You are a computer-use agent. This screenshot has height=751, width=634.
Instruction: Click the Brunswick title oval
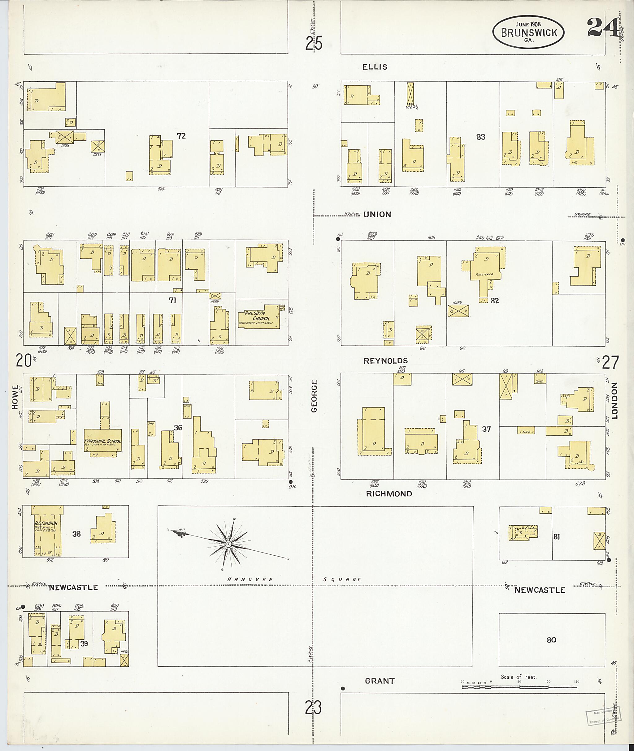click(x=528, y=32)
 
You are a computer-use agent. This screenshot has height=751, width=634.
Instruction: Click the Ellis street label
click(x=375, y=67)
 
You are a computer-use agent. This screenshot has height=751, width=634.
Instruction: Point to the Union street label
click(x=377, y=215)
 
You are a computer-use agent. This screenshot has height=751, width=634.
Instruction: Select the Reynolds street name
click(x=386, y=361)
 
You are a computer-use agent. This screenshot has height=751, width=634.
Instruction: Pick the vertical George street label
click(x=315, y=396)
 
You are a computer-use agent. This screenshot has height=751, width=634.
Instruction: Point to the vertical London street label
click(x=614, y=401)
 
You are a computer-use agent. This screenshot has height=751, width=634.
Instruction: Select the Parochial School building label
click(x=103, y=441)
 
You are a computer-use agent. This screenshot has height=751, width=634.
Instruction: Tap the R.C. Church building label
click(x=46, y=523)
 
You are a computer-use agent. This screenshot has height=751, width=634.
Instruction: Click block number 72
click(x=181, y=136)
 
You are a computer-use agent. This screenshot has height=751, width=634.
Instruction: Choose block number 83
click(x=480, y=137)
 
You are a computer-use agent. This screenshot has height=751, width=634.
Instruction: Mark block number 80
click(x=551, y=640)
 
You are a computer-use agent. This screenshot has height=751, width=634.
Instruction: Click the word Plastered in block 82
click(x=484, y=274)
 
